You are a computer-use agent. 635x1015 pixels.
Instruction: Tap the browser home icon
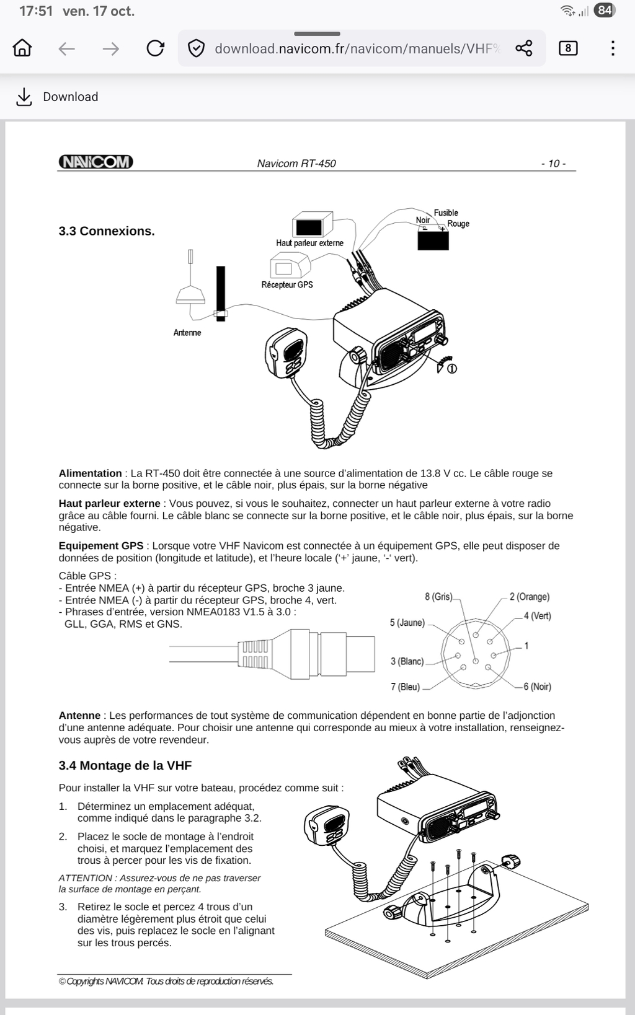point(22,48)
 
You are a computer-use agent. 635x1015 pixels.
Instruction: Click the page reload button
point(155,48)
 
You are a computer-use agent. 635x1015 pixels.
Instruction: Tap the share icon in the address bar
point(524,48)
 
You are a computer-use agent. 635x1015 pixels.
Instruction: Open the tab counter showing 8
point(568,48)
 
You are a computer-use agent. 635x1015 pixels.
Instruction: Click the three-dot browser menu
point(613,48)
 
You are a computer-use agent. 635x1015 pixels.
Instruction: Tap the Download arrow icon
point(24,97)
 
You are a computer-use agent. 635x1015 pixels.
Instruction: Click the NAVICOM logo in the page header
point(95,162)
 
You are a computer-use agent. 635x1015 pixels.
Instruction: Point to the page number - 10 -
point(553,164)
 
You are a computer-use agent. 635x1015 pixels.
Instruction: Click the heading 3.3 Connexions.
point(107,231)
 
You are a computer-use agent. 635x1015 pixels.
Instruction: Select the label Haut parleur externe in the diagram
point(309,243)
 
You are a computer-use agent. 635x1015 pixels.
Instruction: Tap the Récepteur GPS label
point(287,284)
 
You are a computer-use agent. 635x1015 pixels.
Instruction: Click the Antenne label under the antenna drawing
point(187,333)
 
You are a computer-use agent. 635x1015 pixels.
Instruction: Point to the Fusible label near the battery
point(446,213)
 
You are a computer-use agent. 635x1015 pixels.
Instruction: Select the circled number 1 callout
point(452,369)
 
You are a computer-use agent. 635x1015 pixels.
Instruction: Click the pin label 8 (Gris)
point(438,597)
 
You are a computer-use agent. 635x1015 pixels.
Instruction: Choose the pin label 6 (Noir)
point(537,687)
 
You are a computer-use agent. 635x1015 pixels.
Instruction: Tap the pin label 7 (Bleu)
point(405,687)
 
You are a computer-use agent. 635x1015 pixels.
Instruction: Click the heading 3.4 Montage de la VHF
point(125,765)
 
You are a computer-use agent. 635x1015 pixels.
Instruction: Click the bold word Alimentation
point(90,473)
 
